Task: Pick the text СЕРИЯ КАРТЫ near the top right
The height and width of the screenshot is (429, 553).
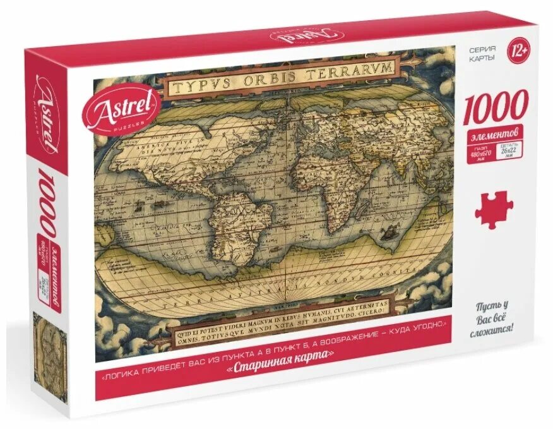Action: click(482, 53)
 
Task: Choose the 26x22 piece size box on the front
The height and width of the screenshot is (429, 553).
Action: click(508, 152)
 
